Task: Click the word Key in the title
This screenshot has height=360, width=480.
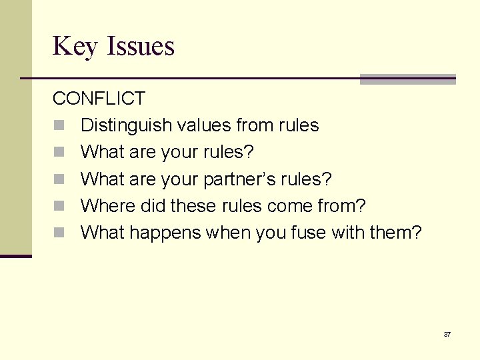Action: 73,47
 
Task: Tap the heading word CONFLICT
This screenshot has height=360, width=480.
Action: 99,99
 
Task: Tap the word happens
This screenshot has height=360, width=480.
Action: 167,233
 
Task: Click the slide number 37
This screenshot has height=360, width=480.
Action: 447,334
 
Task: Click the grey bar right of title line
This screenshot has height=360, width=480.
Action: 407,79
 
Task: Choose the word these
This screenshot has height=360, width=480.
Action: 193,205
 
